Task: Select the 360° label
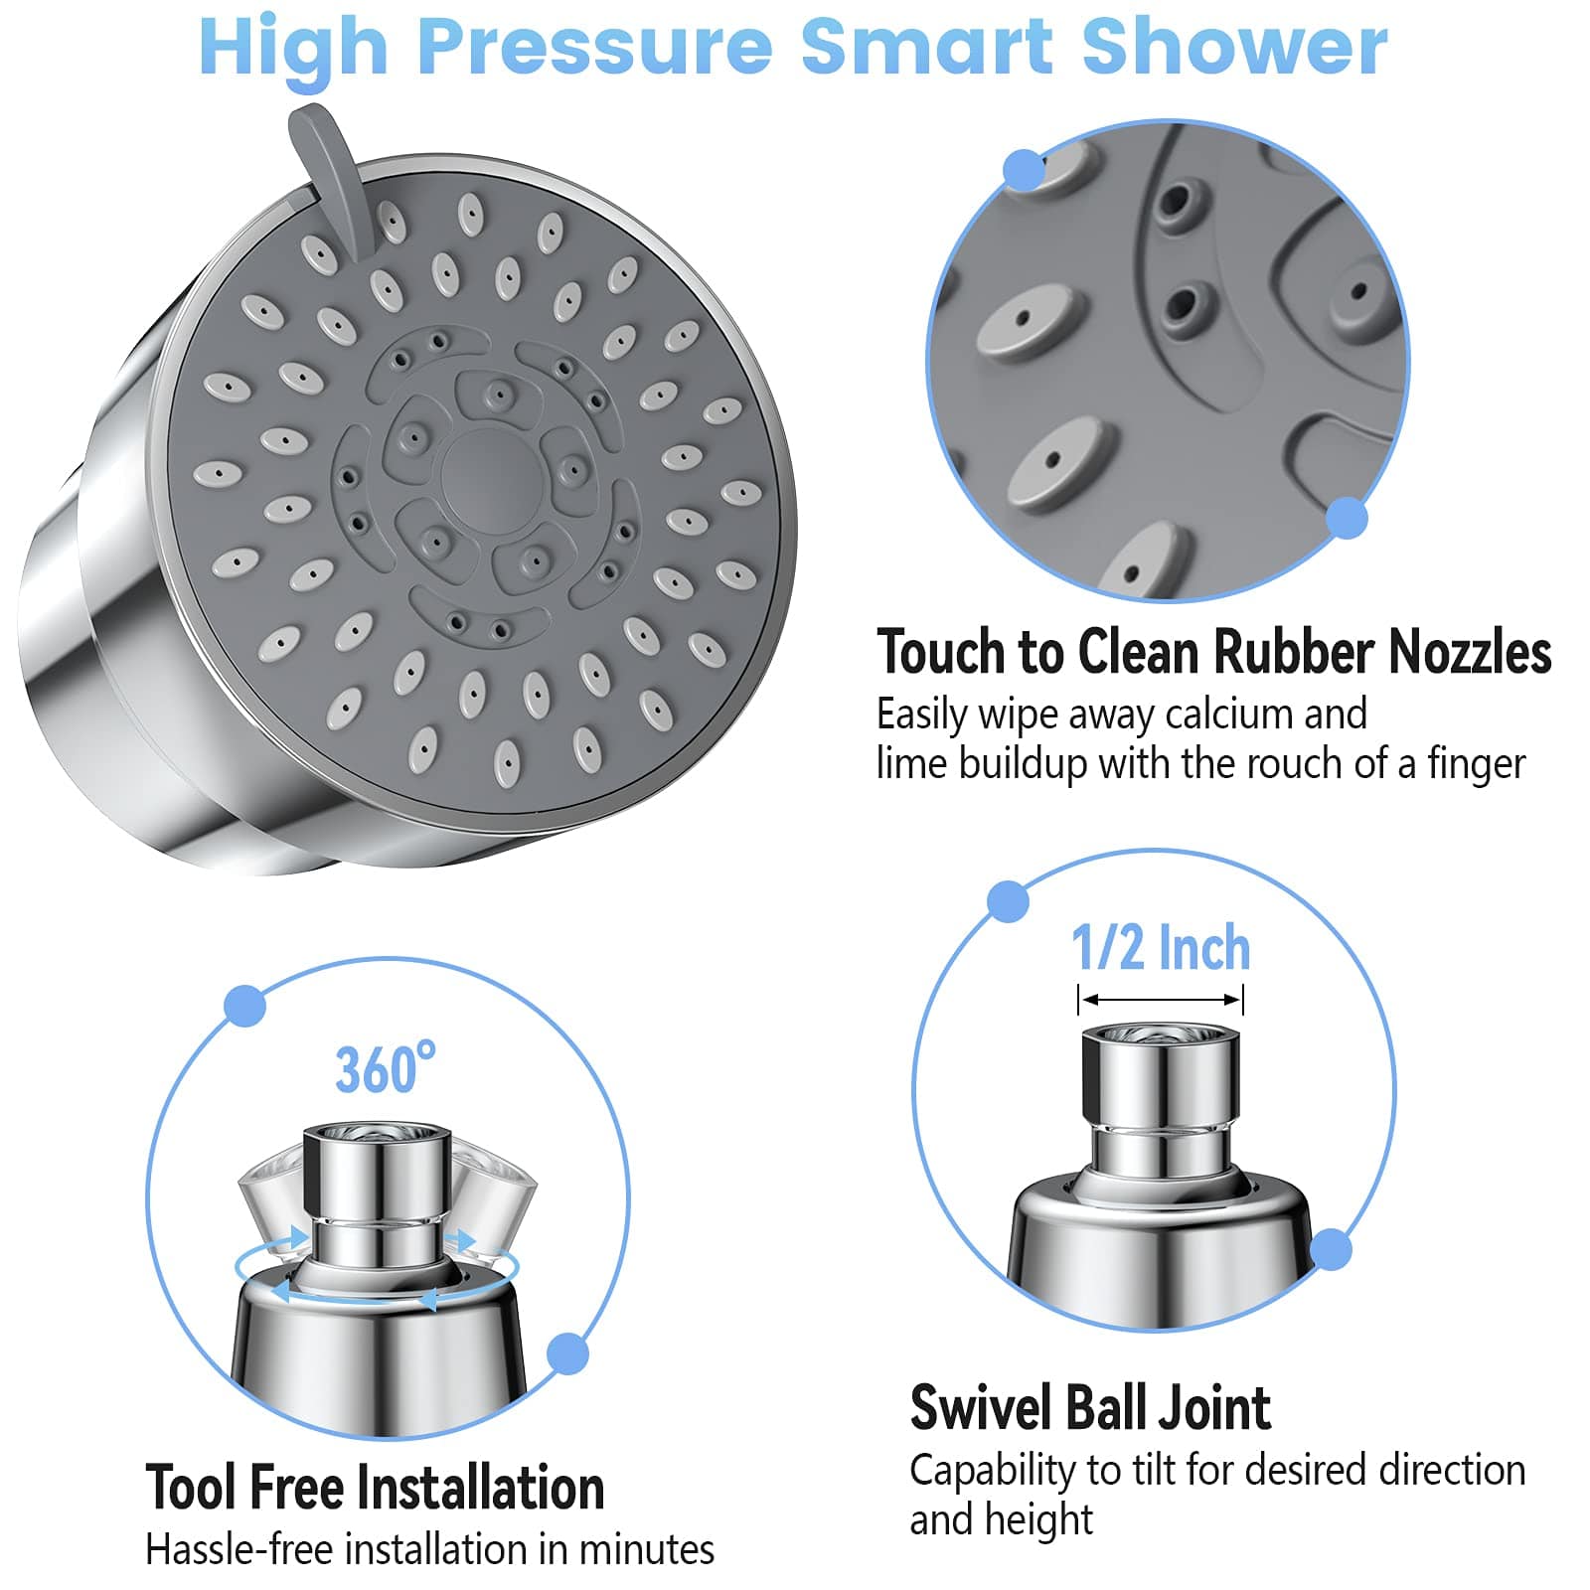(x=385, y=1069)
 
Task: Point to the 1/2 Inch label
(x=1160, y=948)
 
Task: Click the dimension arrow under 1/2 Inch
(x=1160, y=1000)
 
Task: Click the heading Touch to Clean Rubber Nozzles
(x=1212, y=653)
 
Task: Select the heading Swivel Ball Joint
(x=1090, y=1408)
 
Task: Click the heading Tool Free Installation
(x=375, y=1488)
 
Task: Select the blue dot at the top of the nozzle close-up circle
(x=1024, y=170)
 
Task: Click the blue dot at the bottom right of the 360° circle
(x=567, y=1353)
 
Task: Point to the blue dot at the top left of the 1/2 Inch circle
(x=1008, y=901)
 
